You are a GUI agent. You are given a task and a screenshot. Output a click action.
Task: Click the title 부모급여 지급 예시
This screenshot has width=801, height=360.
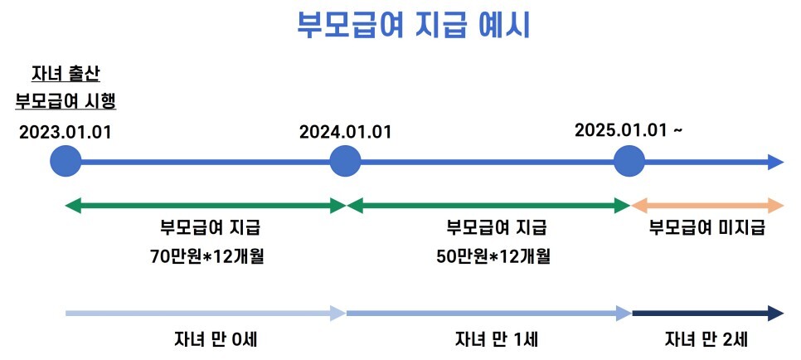coord(413,24)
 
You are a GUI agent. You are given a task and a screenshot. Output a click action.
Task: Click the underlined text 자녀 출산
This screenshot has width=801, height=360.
coord(65,74)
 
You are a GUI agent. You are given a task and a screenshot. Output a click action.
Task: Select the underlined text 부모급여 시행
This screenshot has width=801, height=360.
coord(65,100)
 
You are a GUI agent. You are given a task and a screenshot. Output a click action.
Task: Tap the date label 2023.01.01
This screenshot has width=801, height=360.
coord(65,131)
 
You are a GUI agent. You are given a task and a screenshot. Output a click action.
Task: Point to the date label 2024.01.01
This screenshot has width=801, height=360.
coord(345,131)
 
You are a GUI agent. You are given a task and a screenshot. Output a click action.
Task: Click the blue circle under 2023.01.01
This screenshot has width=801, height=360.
coord(66,161)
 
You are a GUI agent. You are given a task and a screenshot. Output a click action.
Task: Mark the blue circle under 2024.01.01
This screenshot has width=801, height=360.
coord(345,161)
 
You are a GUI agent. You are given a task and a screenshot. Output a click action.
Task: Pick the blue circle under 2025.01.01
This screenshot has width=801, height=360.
coord(629,161)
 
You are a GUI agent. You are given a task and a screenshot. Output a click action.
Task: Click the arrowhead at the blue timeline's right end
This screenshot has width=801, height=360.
coord(774,162)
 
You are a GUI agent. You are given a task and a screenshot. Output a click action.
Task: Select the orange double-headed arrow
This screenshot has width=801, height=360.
coord(707,206)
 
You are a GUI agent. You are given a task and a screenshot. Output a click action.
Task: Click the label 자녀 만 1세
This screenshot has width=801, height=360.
coord(494,338)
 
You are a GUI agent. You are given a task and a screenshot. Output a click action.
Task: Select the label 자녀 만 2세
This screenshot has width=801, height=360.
coord(706,338)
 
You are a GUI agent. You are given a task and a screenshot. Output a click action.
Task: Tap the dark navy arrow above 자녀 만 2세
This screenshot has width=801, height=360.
coord(707,313)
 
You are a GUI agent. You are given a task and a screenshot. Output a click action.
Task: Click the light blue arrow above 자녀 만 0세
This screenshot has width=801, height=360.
coord(205,313)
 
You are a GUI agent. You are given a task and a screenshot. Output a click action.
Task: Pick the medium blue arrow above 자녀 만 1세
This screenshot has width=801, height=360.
coord(488,313)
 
